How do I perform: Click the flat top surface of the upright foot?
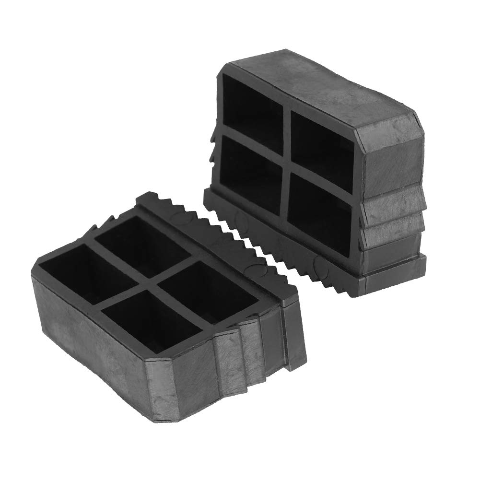[326, 84]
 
